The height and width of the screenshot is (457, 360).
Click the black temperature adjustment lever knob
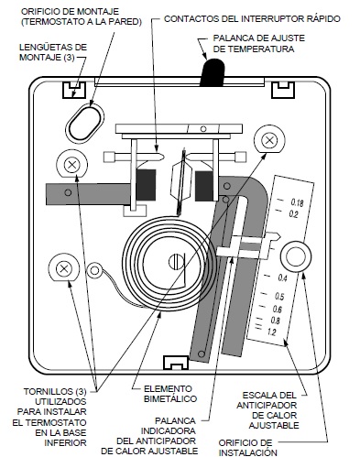click(213, 72)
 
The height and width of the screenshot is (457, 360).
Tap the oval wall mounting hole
click(85, 123)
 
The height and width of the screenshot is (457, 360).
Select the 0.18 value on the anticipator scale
click(297, 202)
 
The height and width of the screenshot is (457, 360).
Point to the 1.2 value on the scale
click(271, 332)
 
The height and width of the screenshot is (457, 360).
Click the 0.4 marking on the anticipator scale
click(282, 278)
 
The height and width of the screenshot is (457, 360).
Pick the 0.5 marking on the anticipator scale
click(279, 296)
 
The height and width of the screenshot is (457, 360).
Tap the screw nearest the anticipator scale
click(269, 141)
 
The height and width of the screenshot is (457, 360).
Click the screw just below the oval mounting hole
click(72, 165)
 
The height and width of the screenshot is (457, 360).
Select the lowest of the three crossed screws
click(64, 269)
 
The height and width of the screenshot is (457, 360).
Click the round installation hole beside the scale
click(296, 256)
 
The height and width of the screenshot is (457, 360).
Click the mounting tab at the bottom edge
click(176, 363)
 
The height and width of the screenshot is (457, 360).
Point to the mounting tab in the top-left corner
click(74, 90)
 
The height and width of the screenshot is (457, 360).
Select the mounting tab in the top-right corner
click(283, 90)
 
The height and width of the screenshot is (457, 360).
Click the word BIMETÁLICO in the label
click(170, 398)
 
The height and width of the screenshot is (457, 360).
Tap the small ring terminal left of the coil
click(94, 270)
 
